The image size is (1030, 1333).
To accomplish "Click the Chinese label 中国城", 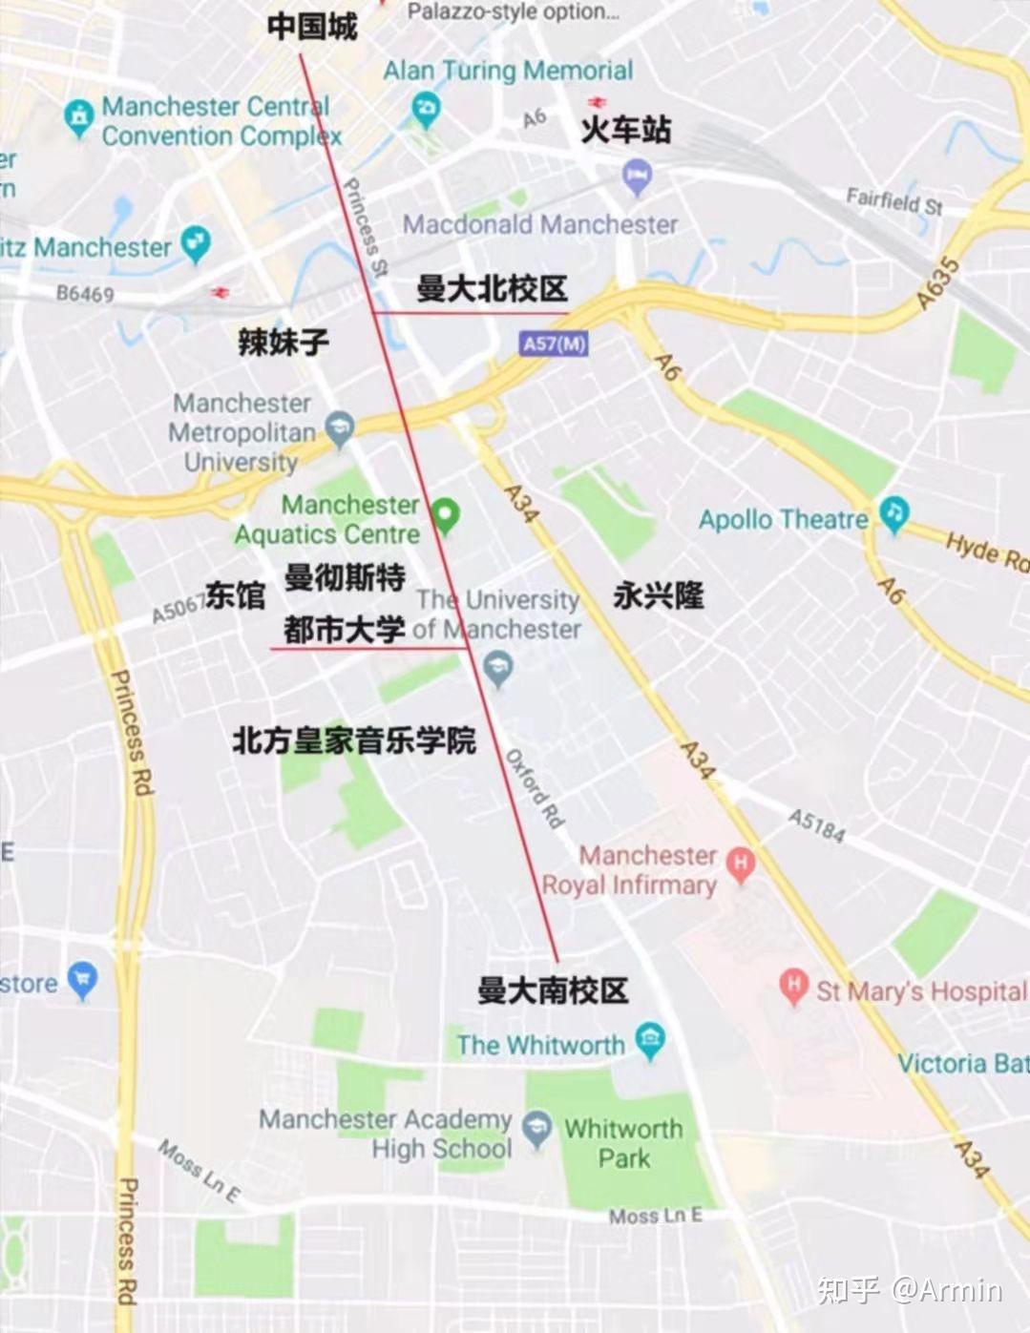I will click(312, 26).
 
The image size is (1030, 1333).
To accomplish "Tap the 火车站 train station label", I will click(626, 129).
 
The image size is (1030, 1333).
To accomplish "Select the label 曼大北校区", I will click(492, 287).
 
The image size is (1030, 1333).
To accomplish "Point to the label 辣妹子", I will click(284, 341).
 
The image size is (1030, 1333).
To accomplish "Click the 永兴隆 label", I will click(658, 595).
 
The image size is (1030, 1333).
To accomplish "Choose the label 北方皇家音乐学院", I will click(353, 739).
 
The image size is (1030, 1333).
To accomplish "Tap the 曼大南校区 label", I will click(553, 989).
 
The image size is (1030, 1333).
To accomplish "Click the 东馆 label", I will click(236, 595).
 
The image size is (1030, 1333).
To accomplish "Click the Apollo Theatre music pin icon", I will click(893, 514).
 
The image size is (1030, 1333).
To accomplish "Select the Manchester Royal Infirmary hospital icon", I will click(740, 864).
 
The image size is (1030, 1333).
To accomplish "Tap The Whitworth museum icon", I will click(650, 1041).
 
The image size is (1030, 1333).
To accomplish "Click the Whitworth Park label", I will click(623, 1143).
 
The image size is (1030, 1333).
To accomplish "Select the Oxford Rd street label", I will click(536, 788).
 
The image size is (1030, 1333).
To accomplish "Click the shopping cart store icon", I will click(83, 980).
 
